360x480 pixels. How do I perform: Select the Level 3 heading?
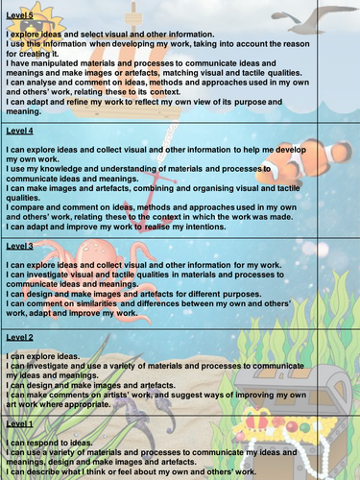click(x=19, y=247)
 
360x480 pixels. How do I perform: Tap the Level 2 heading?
click(x=19, y=338)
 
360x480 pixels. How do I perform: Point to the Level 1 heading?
click(x=19, y=423)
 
